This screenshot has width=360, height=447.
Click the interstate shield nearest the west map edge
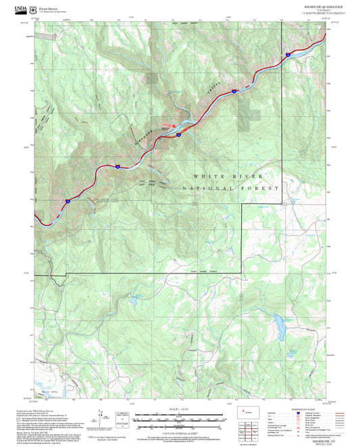tap(68, 201)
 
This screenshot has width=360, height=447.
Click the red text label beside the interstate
tap(166, 124)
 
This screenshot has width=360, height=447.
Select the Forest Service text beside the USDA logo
tap(53, 8)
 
